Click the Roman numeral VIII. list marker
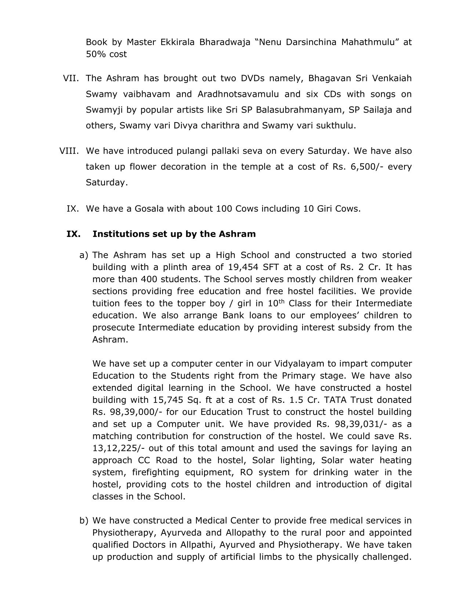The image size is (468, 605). tap(69, 151)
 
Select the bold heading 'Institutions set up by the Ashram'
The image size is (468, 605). tap(174, 234)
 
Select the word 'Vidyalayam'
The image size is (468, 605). tap(299, 364)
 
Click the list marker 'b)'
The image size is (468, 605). tap(84, 521)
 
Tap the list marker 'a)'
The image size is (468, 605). tap(84, 255)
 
